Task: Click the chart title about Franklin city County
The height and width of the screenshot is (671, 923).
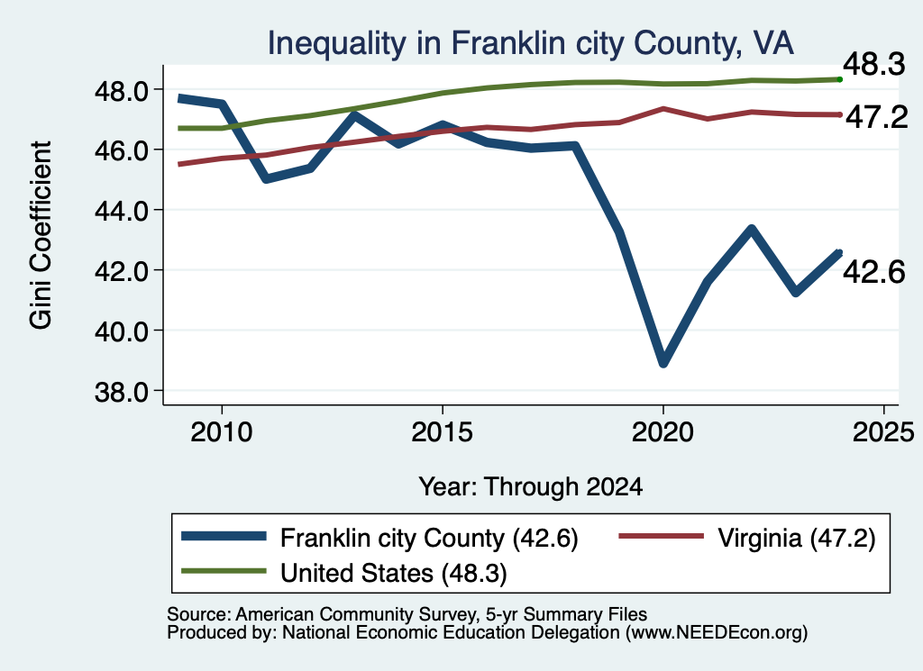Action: click(x=530, y=43)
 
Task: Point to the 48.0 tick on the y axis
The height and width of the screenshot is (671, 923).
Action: click(x=123, y=90)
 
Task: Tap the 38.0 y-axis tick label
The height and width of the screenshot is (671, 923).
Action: click(x=123, y=392)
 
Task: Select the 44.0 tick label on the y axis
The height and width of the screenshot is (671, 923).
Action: click(x=123, y=211)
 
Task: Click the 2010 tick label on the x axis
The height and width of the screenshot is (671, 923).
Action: click(x=222, y=432)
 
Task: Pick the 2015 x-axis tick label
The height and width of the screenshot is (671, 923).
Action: click(x=442, y=432)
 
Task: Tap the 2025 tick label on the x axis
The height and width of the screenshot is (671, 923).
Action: click(x=883, y=432)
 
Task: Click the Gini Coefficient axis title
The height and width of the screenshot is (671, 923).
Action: click(x=41, y=235)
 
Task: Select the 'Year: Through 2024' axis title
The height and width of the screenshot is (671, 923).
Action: click(x=530, y=487)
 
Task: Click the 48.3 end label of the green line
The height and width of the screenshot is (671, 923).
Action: click(x=874, y=64)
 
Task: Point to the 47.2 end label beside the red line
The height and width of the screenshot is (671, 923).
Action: click(x=876, y=118)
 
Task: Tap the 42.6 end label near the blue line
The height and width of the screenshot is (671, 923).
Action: click(x=874, y=272)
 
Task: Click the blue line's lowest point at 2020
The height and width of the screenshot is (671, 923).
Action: click(x=663, y=362)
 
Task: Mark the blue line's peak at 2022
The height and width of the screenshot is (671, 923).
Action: click(x=751, y=229)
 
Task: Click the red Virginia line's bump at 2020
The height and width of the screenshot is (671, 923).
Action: click(x=663, y=109)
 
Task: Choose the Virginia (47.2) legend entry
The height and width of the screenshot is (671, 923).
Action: click(x=747, y=538)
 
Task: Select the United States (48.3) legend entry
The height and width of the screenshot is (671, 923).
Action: click(x=344, y=573)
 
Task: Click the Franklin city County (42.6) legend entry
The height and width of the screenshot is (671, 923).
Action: click(x=379, y=538)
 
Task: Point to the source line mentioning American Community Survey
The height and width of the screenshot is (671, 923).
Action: click(x=407, y=614)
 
